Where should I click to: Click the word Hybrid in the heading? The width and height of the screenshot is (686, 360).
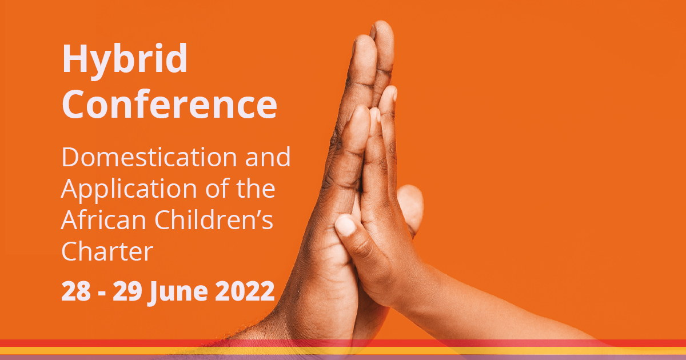[x=125, y=59]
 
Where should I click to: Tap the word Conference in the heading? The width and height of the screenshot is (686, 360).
[x=169, y=104]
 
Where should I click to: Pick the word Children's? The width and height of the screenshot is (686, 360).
[x=206, y=221]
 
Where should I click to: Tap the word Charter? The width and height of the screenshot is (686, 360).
[x=107, y=251]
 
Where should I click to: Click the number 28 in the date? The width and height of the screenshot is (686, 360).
[x=76, y=291]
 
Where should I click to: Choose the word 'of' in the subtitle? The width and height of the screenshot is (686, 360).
[x=219, y=190]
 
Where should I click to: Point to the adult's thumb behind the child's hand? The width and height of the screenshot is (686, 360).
[x=410, y=206]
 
